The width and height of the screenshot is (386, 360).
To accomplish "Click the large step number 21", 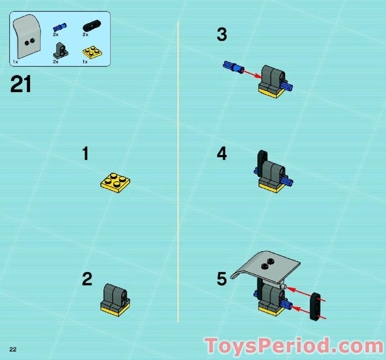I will tap(21, 85).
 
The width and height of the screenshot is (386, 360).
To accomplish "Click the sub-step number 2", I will tap(87, 279).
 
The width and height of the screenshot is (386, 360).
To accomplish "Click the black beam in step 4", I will tap(261, 164).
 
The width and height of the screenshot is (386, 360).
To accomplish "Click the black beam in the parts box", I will tap(91, 26).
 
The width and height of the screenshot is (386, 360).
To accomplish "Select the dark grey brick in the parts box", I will tap(59, 50).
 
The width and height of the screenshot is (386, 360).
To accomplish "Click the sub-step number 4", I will tap(222, 154).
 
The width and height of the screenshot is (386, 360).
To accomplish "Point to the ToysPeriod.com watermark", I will tap(294, 346).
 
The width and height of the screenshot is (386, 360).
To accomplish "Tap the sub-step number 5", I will tap(222, 279).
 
